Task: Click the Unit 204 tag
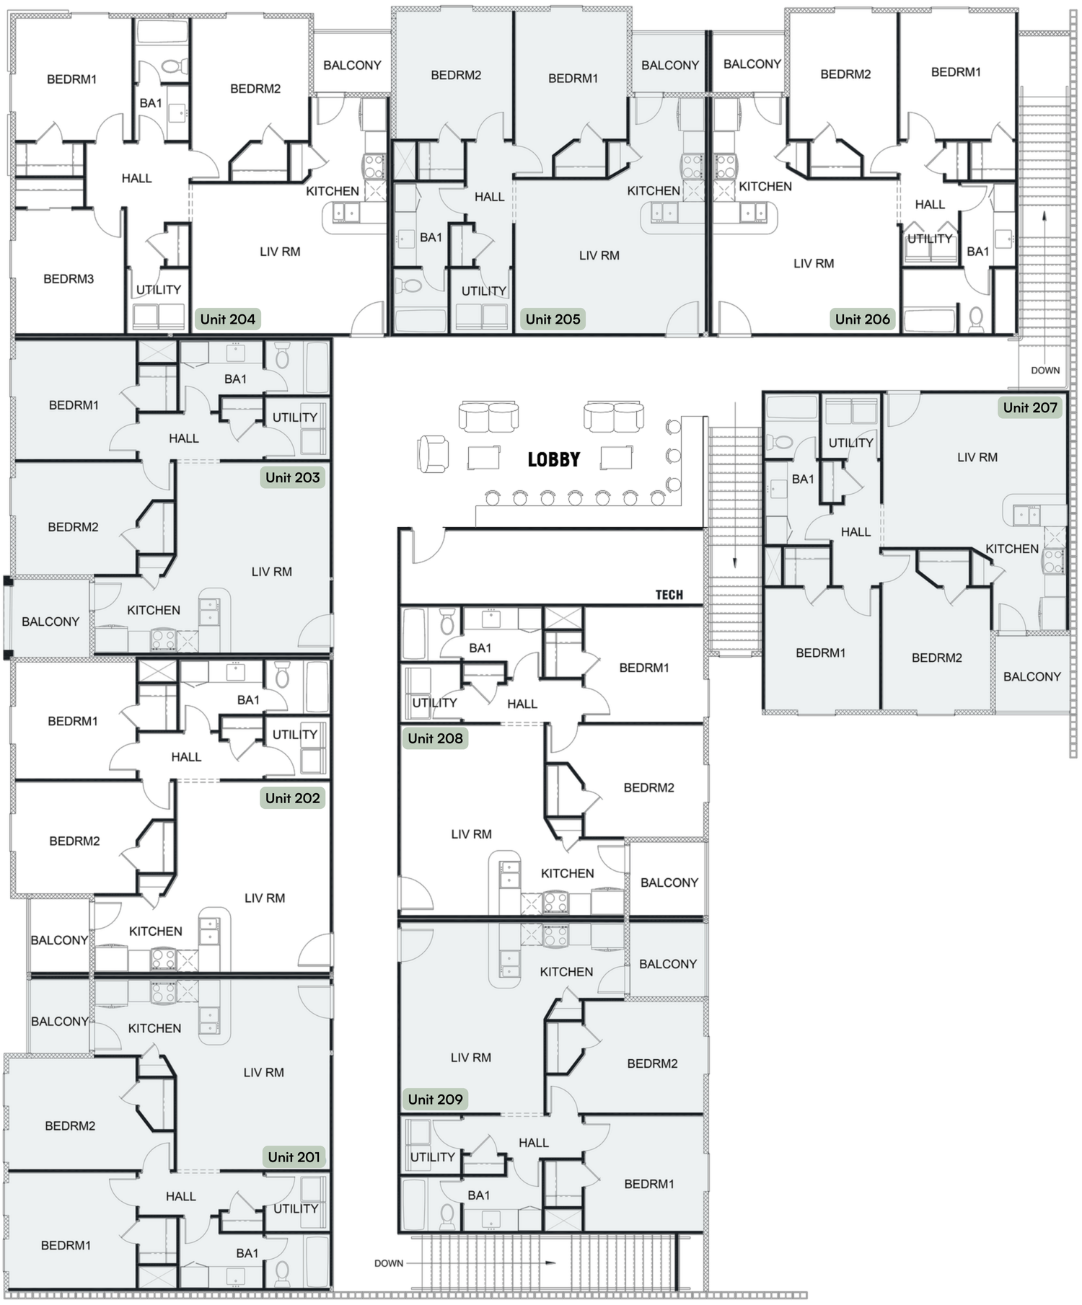[227, 319]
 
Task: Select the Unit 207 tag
[1029, 408]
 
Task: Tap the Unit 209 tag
[435, 1100]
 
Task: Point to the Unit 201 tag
[294, 1157]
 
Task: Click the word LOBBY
[553, 460]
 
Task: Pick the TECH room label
[669, 595]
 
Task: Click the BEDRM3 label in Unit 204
[69, 279]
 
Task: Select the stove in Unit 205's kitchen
[692, 167]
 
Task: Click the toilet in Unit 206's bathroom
[975, 317]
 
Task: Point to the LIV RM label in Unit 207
[977, 457]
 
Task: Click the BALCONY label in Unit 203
[50, 621]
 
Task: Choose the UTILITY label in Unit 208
[434, 703]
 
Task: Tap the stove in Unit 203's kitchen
[162, 640]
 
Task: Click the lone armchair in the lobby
[433, 455]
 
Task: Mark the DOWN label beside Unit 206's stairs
[1044, 371]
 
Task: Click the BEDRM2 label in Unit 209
[652, 1063]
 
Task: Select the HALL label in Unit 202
[186, 757]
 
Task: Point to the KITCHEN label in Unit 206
[765, 187]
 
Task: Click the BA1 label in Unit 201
[247, 1253]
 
